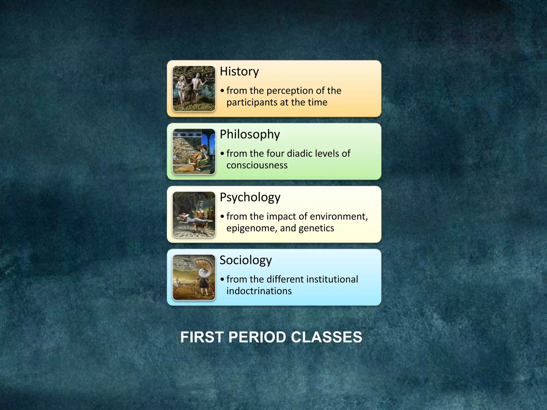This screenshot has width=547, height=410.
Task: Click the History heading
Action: pyautogui.click(x=239, y=72)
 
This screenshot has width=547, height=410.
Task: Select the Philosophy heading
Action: pyautogui.click(x=250, y=134)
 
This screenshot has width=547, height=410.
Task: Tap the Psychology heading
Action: pyautogui.click(x=250, y=197)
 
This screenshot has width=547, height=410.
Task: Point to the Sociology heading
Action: pyautogui.click(x=246, y=260)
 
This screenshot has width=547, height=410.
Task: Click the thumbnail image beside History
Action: pyautogui.click(x=194, y=89)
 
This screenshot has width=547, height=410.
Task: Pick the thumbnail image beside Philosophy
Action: pyautogui.click(x=194, y=151)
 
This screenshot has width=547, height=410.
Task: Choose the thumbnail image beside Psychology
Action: pyautogui.click(x=194, y=214)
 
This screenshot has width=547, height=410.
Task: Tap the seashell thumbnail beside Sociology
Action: pyautogui.click(x=194, y=277)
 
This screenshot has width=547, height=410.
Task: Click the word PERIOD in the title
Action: pyautogui.click(x=257, y=337)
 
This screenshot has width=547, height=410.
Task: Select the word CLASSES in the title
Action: pyautogui.click(x=326, y=337)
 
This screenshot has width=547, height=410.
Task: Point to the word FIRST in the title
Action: pyautogui.click(x=202, y=337)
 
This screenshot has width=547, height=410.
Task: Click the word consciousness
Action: pyautogui.click(x=257, y=165)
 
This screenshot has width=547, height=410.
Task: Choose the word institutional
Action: pyautogui.click(x=332, y=279)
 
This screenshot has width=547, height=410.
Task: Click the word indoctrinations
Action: pyautogui.click(x=259, y=291)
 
